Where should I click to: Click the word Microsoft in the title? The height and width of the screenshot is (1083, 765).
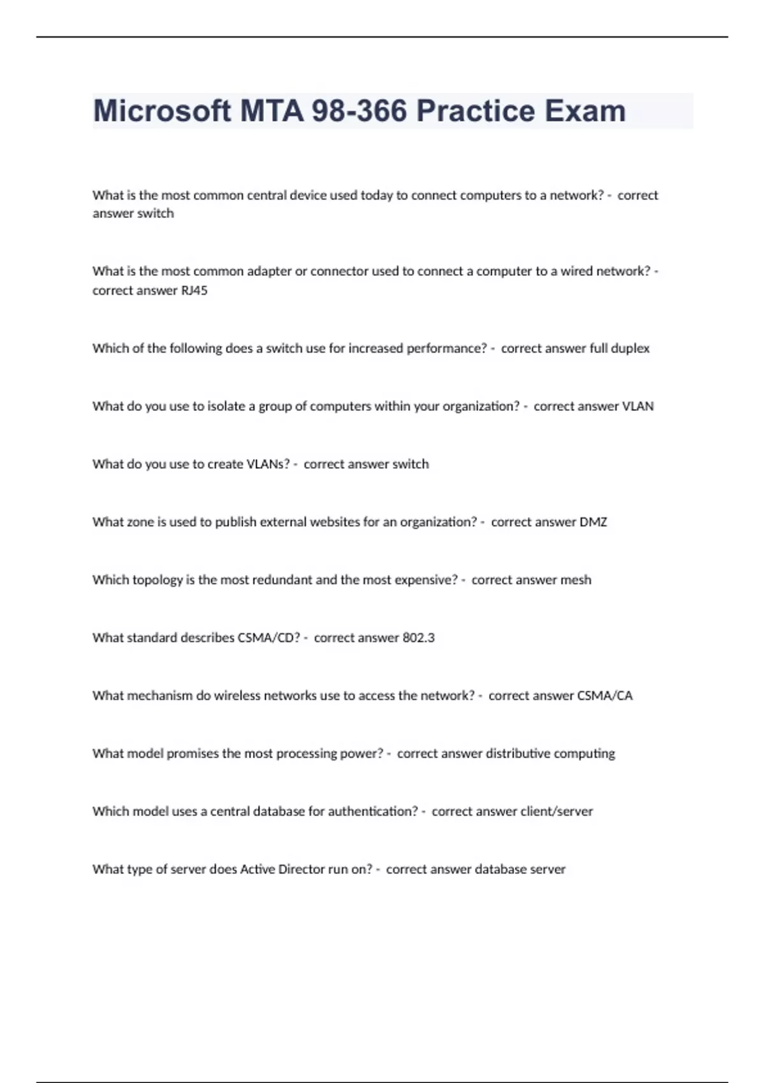pyautogui.click(x=162, y=111)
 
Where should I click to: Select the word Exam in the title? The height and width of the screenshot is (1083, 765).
pyautogui.click(x=585, y=111)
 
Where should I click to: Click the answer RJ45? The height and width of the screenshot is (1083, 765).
pyautogui.click(x=194, y=290)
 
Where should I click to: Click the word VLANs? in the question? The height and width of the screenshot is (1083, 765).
pyautogui.click(x=267, y=464)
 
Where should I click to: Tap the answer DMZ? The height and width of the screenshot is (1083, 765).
pyautogui.click(x=593, y=522)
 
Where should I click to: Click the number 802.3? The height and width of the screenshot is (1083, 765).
pyautogui.click(x=418, y=638)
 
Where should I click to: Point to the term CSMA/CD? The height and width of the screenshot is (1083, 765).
pyautogui.click(x=268, y=638)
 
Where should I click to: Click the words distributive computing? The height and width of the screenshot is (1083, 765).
pyautogui.click(x=550, y=754)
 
